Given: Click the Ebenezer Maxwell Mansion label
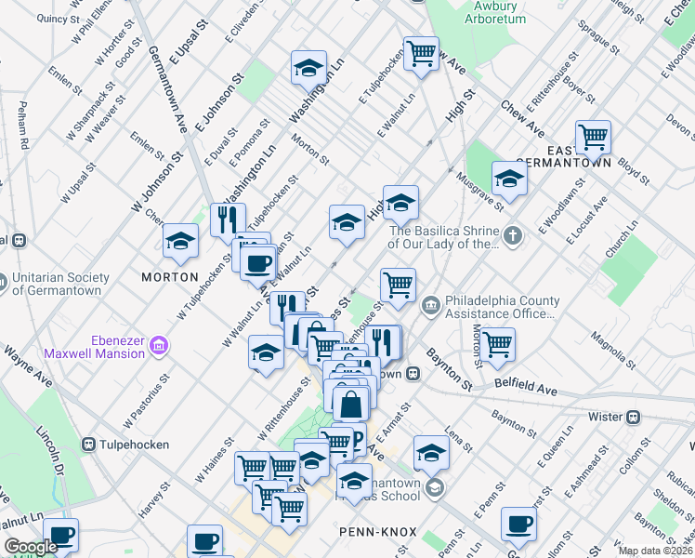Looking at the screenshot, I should pos(93,346).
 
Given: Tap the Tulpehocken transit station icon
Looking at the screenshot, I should pos(90,445).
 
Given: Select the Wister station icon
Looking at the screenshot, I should pos(636,417).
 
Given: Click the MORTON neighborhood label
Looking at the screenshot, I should pos(169,277).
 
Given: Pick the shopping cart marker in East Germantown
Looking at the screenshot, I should pos(592,139).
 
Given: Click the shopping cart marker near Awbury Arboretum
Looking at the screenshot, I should pos(421,53).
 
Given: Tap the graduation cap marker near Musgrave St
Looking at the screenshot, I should pos(509,178).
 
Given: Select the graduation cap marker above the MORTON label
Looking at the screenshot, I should pos(180,242).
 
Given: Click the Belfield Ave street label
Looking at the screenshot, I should pos(526,388).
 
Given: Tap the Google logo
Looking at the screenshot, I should pos(30,547).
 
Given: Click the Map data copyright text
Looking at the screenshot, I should pos(655,551).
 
